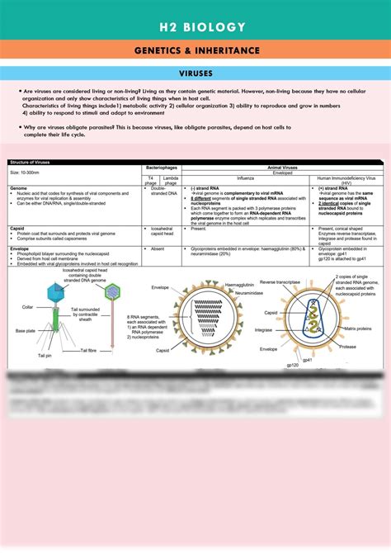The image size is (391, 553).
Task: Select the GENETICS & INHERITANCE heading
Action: pos(195,51)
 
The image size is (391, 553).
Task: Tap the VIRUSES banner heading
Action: pos(195,73)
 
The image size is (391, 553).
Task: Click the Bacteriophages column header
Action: pos(162,167)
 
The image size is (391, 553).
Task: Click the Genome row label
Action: pos(18,187)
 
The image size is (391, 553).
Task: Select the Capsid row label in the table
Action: pos(18,227)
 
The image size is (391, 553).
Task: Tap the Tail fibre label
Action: pos(88,351)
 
